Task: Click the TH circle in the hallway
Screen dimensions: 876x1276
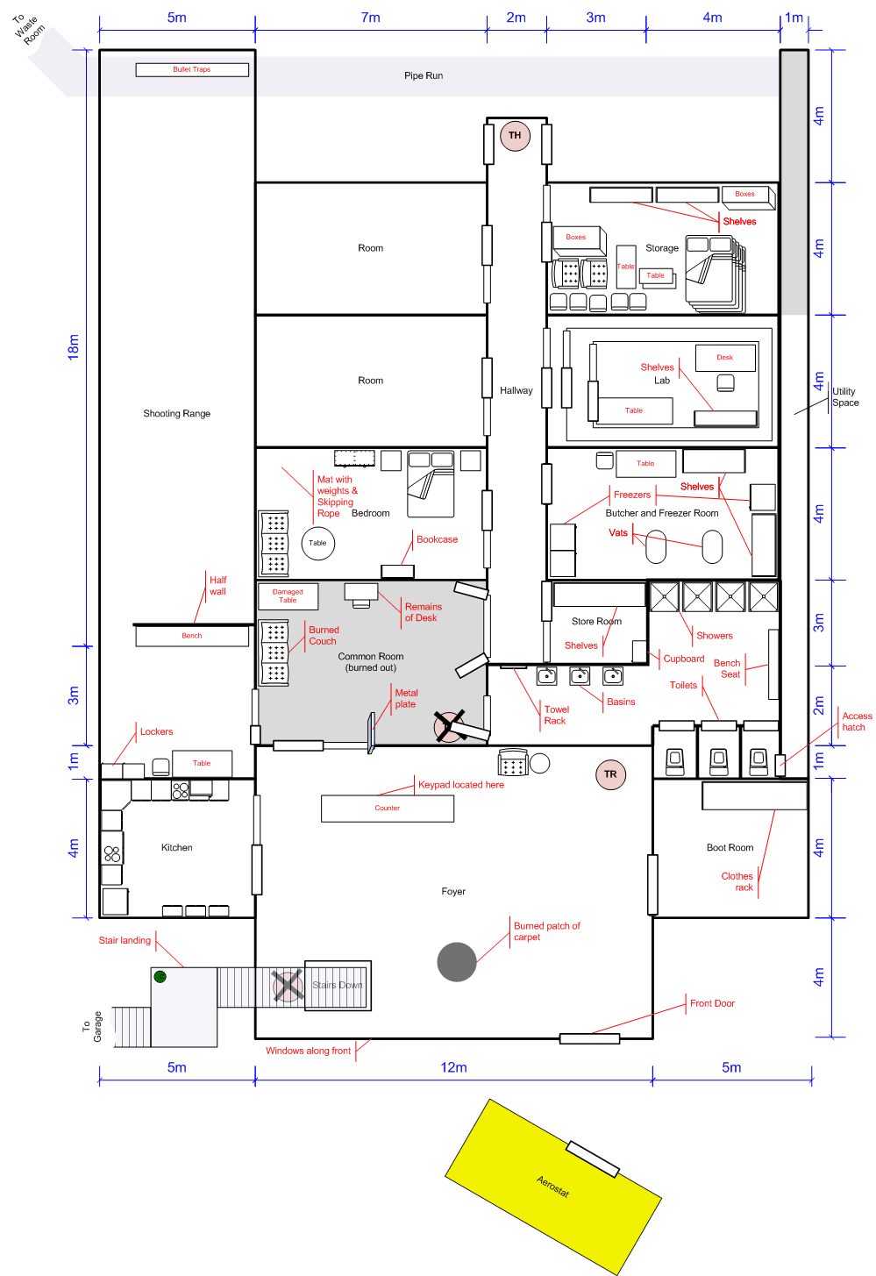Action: tap(515, 136)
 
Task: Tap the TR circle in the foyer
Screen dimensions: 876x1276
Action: tap(610, 774)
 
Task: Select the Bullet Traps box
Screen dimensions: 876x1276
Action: tap(192, 69)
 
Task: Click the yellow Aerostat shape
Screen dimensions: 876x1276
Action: tap(553, 1187)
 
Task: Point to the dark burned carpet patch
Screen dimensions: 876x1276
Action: tap(457, 962)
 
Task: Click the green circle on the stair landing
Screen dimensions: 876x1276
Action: tap(160, 977)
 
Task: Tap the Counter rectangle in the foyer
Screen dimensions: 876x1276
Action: tap(388, 809)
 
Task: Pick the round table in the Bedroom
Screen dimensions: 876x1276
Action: tap(317, 544)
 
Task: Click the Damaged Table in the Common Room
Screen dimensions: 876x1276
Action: tap(288, 595)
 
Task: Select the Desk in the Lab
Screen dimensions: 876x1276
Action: tap(725, 358)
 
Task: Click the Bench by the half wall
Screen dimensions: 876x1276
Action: tap(192, 636)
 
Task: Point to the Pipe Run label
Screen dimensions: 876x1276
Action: tap(424, 75)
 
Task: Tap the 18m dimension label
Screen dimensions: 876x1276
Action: tap(74, 347)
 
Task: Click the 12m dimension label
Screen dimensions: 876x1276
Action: tap(453, 1067)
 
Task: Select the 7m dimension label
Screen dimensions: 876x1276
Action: tap(371, 18)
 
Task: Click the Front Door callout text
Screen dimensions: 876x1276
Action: tap(713, 1003)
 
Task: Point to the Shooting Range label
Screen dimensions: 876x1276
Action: tap(176, 414)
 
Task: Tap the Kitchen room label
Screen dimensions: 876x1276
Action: tap(176, 848)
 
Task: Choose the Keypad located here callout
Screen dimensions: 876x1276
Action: tap(461, 785)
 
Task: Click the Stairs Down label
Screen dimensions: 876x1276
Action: tap(338, 986)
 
